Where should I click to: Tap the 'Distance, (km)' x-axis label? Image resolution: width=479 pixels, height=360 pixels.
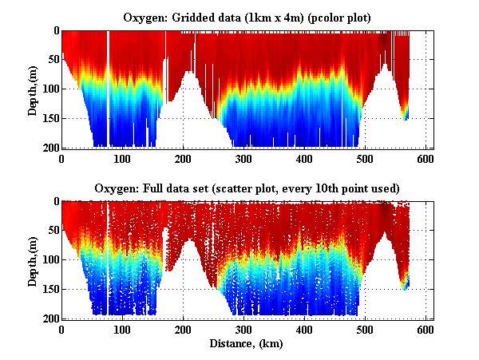[x=246, y=344]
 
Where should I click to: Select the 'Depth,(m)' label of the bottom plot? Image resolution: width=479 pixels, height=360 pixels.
[x=33, y=259]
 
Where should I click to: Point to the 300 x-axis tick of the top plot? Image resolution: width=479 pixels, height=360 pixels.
[x=243, y=158]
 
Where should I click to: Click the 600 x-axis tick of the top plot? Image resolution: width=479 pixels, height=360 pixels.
[x=426, y=158]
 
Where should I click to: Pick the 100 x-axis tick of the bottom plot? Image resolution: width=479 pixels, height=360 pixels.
[x=122, y=329]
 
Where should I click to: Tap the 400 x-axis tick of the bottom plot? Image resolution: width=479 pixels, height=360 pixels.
[x=304, y=329]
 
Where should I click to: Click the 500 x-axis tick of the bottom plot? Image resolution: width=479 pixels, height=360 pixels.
[x=365, y=329]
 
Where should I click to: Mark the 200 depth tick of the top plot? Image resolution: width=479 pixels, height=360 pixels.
[x=50, y=148]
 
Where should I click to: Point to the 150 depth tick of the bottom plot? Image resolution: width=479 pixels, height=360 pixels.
[x=50, y=289]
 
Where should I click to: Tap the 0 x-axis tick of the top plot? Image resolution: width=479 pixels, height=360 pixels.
[x=61, y=158]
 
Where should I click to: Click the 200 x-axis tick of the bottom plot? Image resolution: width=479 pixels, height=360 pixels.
[x=183, y=329]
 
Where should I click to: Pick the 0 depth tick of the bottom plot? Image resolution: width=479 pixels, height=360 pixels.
[x=55, y=202]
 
